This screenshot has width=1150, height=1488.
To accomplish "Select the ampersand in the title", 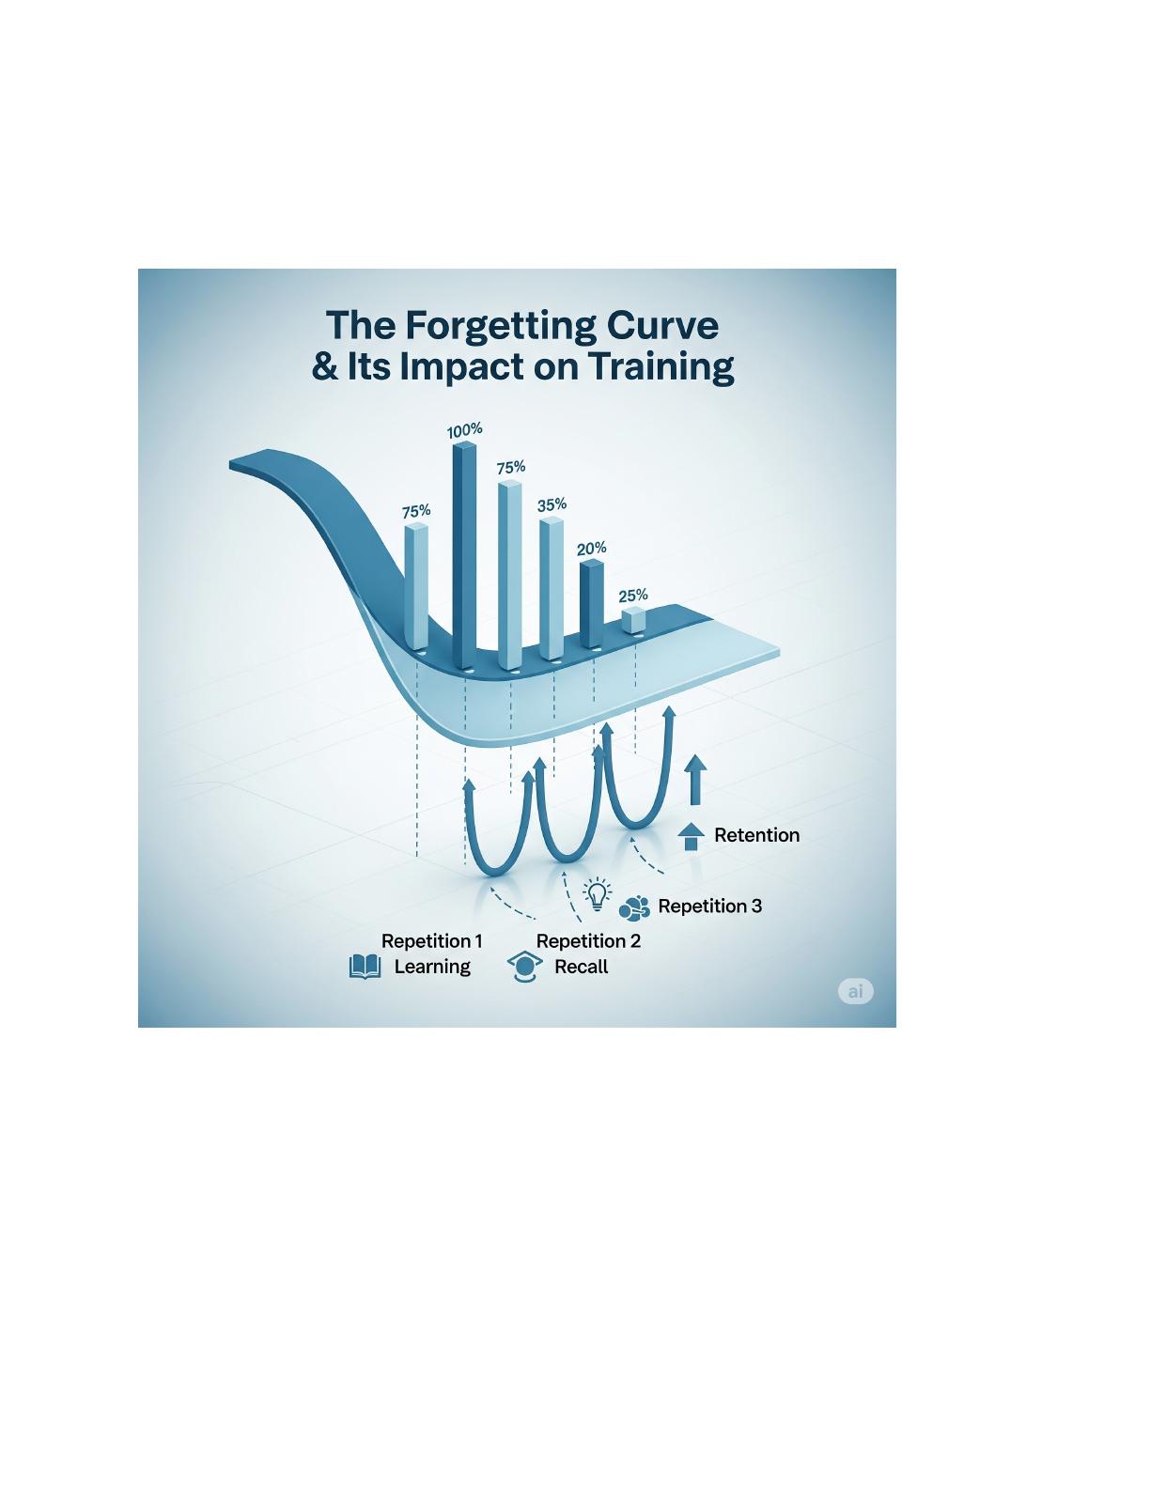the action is pyautogui.click(x=325, y=367).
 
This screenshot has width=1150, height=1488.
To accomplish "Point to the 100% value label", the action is pyautogui.click(x=464, y=431).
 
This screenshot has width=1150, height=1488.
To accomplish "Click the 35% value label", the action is pyautogui.click(x=552, y=504).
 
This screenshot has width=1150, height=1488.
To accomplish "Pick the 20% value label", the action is pyautogui.click(x=592, y=549).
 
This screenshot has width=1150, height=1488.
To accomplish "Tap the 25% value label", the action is pyautogui.click(x=633, y=596).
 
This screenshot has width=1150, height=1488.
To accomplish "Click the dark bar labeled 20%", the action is pyautogui.click(x=592, y=603).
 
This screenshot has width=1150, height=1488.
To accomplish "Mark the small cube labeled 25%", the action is pyautogui.click(x=634, y=620).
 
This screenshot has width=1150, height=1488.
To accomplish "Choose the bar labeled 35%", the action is pyautogui.click(x=552, y=589).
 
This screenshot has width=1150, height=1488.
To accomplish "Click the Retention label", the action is pyautogui.click(x=757, y=835).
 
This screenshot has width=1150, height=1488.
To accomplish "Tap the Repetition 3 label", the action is pyautogui.click(x=709, y=907).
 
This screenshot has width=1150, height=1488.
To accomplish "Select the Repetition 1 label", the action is pyautogui.click(x=431, y=941).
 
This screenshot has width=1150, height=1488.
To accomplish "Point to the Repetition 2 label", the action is pyautogui.click(x=588, y=941).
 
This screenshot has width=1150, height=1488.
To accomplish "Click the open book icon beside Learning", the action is pyautogui.click(x=365, y=967).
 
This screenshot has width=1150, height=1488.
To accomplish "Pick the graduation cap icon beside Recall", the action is pyautogui.click(x=524, y=967).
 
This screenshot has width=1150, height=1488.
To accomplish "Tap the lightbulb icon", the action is pyautogui.click(x=598, y=894).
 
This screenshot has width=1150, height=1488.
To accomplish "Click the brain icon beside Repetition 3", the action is pyautogui.click(x=634, y=908).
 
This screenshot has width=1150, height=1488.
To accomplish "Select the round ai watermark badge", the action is pyautogui.click(x=856, y=991).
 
